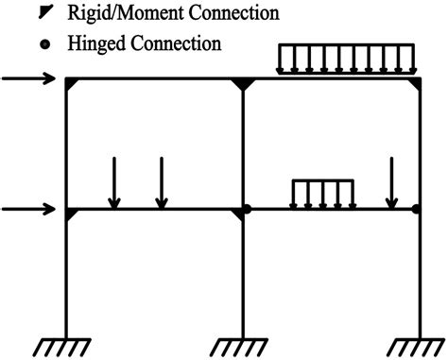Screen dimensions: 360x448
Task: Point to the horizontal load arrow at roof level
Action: coord(33,79)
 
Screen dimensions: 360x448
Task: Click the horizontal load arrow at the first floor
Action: coord(33,209)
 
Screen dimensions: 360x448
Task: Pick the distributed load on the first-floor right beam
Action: coord(322,193)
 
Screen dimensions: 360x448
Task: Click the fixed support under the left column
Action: coord(66,343)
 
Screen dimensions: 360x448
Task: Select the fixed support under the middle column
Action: coord(244,343)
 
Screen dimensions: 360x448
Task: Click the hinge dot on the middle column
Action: coord(246,209)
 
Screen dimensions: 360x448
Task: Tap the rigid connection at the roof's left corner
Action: coord(72,85)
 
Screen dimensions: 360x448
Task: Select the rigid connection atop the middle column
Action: coord(244,86)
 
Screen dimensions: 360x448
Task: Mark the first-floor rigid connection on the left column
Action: coord(72,214)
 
